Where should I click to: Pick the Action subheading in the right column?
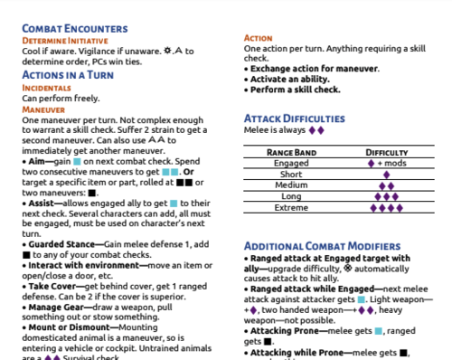[259, 38]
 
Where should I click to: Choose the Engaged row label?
[291, 164]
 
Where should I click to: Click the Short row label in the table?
[291, 175]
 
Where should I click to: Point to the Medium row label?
[291, 185]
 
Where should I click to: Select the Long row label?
[291, 196]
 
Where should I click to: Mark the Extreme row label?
[291, 207]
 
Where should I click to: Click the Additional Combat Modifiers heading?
[322, 246]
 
